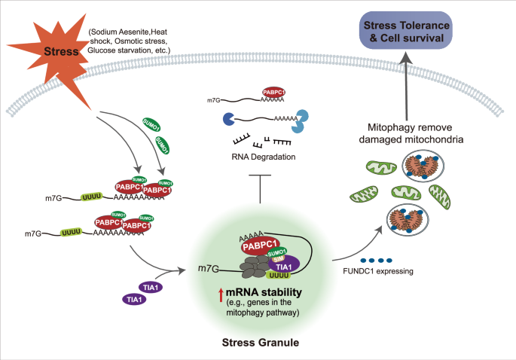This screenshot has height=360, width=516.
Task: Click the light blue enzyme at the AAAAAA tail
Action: pos(301,118)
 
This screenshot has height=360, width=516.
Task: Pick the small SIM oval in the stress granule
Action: pos(278,260)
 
